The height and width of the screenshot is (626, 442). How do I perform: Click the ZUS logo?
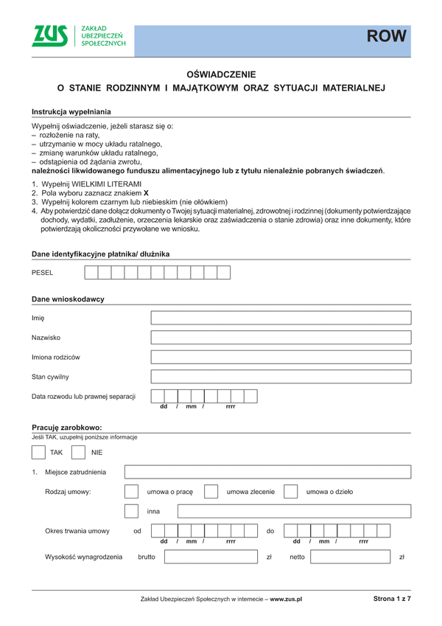tap(50, 36)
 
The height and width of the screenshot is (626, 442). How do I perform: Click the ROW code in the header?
tap(387, 36)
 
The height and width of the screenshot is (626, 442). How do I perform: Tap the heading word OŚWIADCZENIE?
tap(221, 74)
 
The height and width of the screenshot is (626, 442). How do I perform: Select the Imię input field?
tap(281, 319)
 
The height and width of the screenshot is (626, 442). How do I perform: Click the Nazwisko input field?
tap(281, 338)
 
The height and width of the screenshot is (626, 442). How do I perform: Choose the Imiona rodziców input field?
tap(281, 357)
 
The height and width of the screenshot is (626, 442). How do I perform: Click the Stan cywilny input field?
tap(281, 377)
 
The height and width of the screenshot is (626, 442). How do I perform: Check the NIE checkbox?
tap(79, 452)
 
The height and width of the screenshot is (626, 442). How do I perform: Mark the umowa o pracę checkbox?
tap(132, 492)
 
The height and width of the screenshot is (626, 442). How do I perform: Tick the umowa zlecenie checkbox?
tap(211, 492)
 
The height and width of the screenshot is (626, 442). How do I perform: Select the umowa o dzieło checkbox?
tap(290, 492)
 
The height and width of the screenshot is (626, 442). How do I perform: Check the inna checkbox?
tap(132, 511)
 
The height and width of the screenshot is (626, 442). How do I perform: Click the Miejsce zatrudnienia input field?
tap(267, 473)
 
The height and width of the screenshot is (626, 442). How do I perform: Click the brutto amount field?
tap(211, 557)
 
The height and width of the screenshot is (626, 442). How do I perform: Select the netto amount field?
tap(351, 557)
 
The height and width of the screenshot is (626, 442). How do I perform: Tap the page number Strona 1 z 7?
tap(391, 600)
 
